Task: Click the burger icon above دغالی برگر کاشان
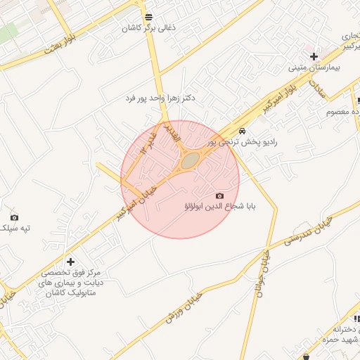coord(148,18)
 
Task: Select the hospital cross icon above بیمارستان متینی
coord(314,56)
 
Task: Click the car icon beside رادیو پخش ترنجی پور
coord(242,131)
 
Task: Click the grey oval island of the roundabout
coord(190,161)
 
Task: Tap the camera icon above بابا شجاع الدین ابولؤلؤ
coord(219,195)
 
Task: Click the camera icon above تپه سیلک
coord(14,217)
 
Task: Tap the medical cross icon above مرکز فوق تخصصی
coord(70,262)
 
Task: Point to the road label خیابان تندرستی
coord(307,231)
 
